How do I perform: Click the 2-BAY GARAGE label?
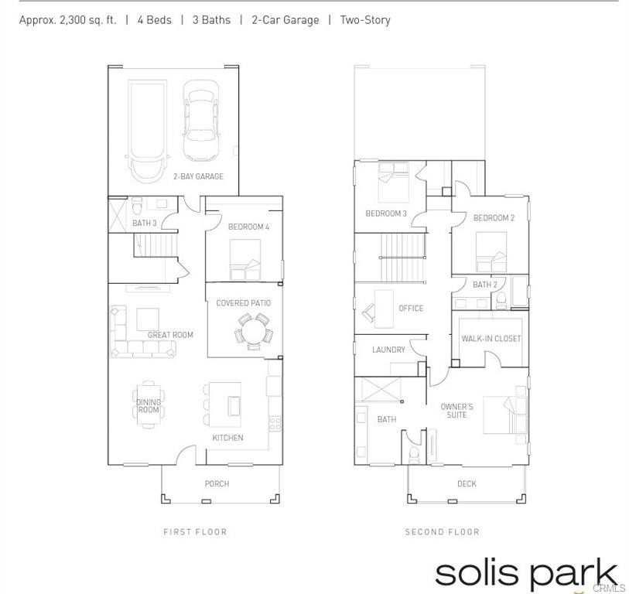[x=198, y=176]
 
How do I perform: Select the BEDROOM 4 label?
[x=248, y=227]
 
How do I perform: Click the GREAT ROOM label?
[x=170, y=335]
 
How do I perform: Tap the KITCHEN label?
[x=227, y=438]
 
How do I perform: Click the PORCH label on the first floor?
[x=217, y=484]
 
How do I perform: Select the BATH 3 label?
[x=144, y=224]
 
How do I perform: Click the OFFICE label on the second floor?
[x=411, y=308]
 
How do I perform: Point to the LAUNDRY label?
[x=388, y=350]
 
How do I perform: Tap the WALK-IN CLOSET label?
[x=491, y=338]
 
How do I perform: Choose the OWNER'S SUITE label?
[x=456, y=411]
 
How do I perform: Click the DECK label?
[x=467, y=484]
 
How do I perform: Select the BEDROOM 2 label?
[x=494, y=218]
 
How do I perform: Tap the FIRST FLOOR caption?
[x=195, y=532]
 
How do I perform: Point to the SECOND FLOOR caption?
[x=442, y=532]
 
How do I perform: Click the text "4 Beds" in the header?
[x=154, y=20]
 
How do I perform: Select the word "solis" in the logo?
[x=473, y=574]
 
